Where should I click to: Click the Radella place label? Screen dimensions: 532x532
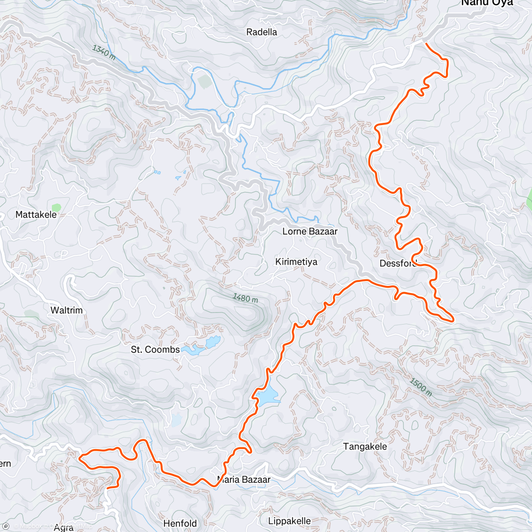(262, 32)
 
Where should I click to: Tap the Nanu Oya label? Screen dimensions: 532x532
(487, 3)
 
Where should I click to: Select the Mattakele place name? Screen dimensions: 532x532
(36, 215)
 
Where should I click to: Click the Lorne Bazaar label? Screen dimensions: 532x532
(310, 231)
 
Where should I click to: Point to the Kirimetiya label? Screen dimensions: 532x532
(296, 262)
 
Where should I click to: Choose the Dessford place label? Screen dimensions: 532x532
(398, 263)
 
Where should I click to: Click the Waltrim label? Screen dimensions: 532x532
(66, 310)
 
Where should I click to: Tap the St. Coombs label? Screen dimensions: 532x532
(155, 350)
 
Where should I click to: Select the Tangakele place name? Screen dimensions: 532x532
(365, 446)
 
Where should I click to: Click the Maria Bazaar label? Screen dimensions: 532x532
(244, 479)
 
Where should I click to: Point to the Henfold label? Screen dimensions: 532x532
(180, 524)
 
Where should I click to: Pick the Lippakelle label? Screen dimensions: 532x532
(289, 521)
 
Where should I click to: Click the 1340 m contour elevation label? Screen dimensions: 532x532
(104, 52)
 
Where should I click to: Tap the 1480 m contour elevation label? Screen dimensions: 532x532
(246, 298)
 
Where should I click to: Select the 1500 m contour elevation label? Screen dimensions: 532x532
(420, 387)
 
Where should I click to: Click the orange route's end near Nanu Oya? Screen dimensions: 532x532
(426, 43)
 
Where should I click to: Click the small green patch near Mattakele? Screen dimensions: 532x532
(56, 207)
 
